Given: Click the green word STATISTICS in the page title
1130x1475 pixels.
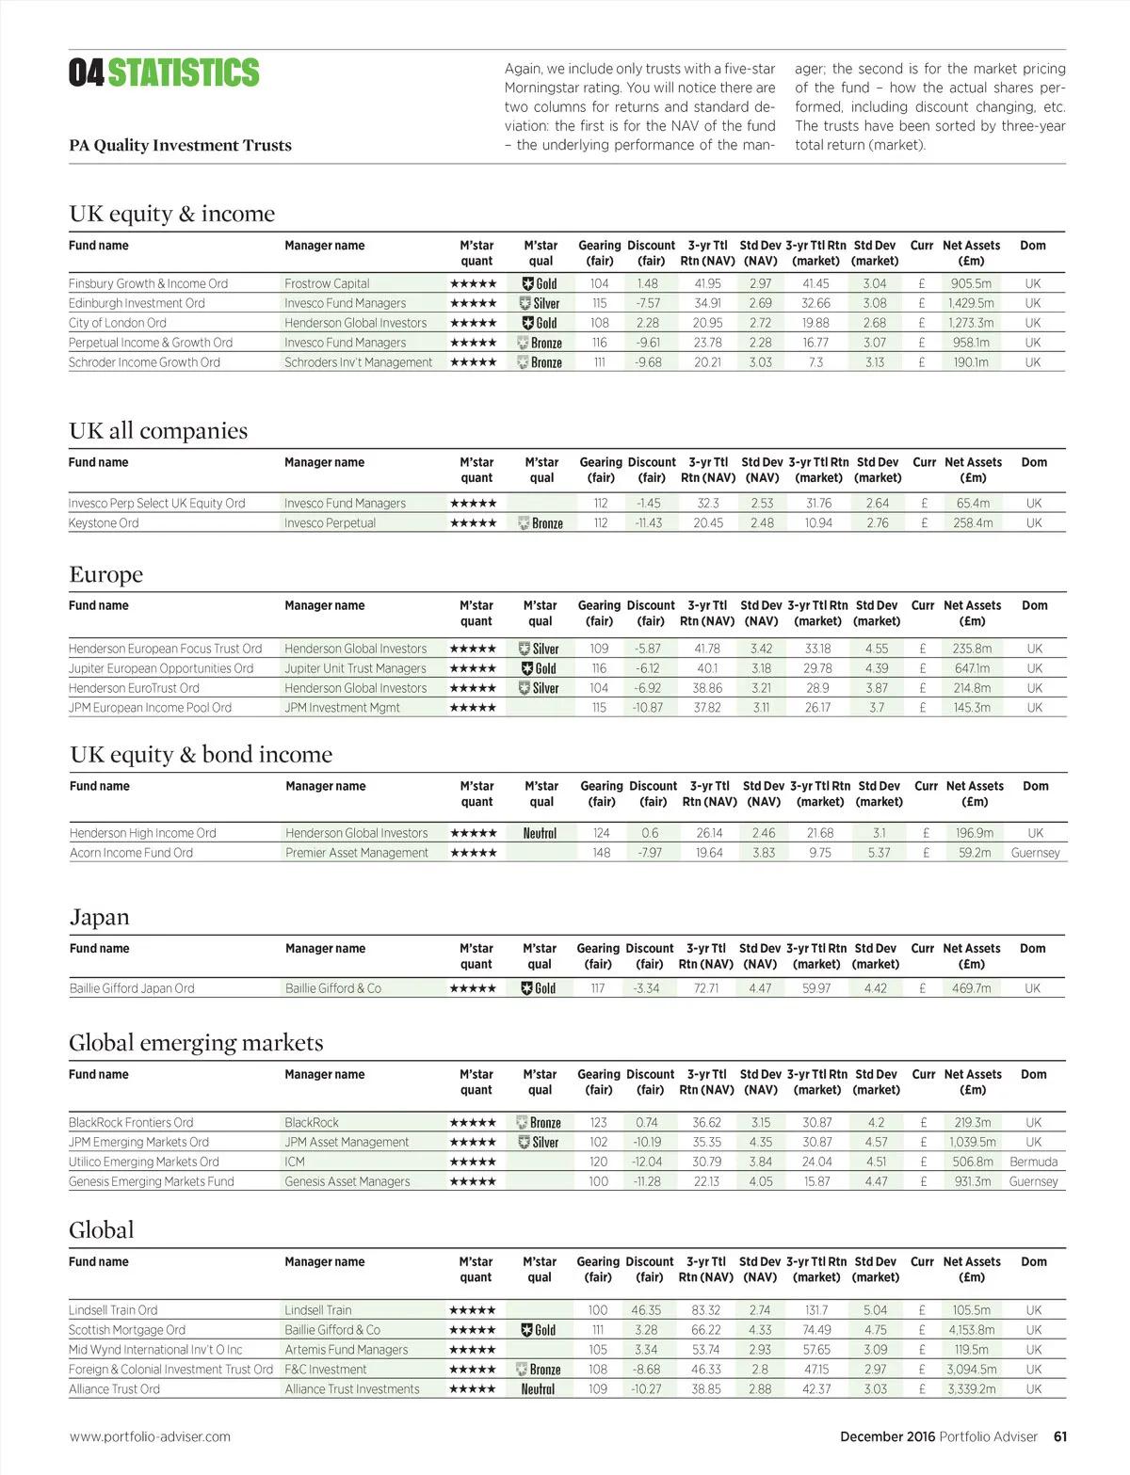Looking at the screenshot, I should click(x=184, y=72).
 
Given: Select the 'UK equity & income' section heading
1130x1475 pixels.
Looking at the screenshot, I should click(x=171, y=214).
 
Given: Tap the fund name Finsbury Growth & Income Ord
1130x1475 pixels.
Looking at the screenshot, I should click(x=148, y=283).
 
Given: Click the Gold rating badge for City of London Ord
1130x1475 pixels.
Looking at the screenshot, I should click(x=540, y=323).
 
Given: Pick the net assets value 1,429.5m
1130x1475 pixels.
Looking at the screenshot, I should click(x=971, y=303).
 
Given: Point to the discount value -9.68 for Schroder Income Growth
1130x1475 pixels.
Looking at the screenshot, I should click(x=648, y=362).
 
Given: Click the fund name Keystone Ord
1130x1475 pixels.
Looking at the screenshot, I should click(x=104, y=523).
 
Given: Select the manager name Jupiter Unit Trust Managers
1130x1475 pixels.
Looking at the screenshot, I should click(x=355, y=668).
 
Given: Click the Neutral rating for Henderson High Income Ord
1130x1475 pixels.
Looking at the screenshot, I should click(x=540, y=833).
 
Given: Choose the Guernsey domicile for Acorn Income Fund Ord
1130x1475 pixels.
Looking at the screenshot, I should click(x=1035, y=853).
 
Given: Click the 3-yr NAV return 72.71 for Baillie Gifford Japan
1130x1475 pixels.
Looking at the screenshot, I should click(x=706, y=988).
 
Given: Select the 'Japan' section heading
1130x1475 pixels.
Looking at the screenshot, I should click(x=99, y=917).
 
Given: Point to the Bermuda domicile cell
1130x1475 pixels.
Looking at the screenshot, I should click(x=1033, y=1162).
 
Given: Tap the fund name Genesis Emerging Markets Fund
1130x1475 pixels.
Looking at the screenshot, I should click(x=151, y=1181).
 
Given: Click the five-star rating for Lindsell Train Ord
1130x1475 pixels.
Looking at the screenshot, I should click(x=473, y=1310).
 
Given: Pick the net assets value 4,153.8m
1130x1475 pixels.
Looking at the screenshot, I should click(x=971, y=1330).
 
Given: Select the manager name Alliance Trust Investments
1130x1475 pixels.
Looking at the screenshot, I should click(x=352, y=1389).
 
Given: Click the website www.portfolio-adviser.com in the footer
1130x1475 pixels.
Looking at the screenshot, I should click(x=150, y=1436).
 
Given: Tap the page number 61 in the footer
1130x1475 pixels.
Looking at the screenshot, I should click(x=1060, y=1436).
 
